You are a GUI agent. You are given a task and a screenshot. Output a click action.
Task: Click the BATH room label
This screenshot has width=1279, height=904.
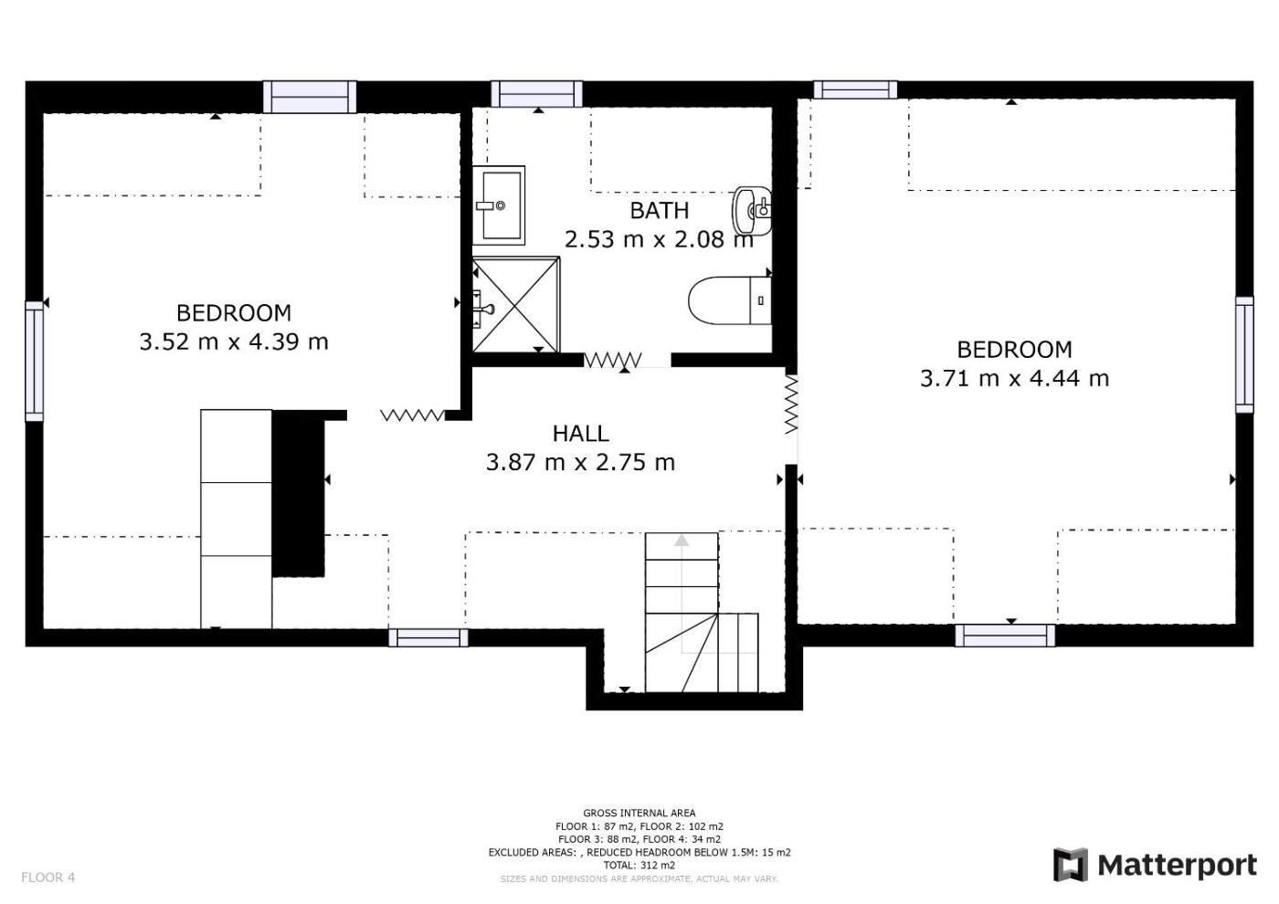[x=659, y=211]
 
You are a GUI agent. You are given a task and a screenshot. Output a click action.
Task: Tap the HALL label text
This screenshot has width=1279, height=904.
[x=581, y=434]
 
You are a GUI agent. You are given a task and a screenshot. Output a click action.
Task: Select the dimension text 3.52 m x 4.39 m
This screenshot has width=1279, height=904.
[x=234, y=342]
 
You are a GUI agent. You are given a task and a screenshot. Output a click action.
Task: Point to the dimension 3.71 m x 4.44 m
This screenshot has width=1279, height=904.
[x=1015, y=378]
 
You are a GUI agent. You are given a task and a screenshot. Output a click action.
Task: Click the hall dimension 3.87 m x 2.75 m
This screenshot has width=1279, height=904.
[x=581, y=462]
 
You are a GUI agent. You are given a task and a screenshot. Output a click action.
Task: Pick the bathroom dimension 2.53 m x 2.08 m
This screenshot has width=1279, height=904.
[x=659, y=239]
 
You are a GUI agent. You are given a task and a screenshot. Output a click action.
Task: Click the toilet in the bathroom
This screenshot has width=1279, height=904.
[x=730, y=300]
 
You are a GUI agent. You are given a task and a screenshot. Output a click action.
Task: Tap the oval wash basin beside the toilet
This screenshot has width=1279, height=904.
[x=752, y=211]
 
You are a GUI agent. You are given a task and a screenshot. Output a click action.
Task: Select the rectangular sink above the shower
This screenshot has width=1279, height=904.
[x=499, y=205]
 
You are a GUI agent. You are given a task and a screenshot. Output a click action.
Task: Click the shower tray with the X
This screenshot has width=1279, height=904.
[x=515, y=305]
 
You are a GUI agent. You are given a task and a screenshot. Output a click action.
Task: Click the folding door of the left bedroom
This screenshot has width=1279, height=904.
[x=412, y=415]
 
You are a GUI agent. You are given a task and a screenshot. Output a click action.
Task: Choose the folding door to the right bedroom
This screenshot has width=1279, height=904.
[x=791, y=404]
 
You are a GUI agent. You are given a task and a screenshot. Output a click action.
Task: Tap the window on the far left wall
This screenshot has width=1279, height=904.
[x=35, y=362]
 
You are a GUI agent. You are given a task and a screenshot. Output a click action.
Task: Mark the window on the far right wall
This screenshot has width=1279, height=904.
[x=1244, y=354]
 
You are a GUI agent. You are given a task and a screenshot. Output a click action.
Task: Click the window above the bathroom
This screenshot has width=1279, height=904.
[x=537, y=93]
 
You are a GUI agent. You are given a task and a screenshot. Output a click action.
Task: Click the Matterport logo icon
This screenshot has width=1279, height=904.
[x=1071, y=865]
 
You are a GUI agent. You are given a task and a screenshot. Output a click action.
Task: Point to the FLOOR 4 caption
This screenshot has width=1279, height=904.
[x=48, y=878]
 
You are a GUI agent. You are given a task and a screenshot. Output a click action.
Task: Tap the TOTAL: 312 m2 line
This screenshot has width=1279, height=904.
[x=639, y=866]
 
